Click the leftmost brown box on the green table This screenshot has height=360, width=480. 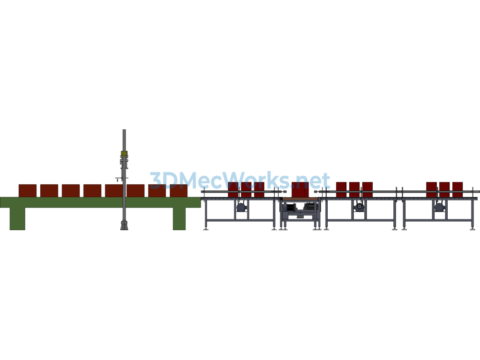click(x=28, y=191)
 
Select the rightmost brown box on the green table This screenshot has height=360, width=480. click(x=179, y=191)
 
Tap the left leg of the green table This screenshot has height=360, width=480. click(x=17, y=218)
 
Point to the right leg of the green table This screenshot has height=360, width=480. click(x=179, y=218)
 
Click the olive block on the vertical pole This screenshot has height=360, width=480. click(x=124, y=153)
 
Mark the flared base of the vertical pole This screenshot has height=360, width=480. click(x=124, y=225)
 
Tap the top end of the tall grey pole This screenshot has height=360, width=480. click(x=124, y=130)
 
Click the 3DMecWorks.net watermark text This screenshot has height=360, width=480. click(x=240, y=180)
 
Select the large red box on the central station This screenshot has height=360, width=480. click(x=300, y=190)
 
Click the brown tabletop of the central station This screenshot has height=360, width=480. click(x=300, y=199)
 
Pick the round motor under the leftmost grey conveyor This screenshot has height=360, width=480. click(x=241, y=207)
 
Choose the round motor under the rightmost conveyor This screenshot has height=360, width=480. click(x=439, y=207)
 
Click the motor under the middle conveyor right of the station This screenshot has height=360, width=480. click(x=359, y=207)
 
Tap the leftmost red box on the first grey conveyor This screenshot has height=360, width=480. click(x=233, y=190)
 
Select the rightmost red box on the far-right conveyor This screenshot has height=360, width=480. click(x=457, y=190)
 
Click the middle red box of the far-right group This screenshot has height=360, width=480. click(x=444, y=190)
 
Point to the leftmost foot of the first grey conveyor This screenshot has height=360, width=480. click(x=206, y=228)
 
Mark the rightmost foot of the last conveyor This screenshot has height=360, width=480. click(x=472, y=228)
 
